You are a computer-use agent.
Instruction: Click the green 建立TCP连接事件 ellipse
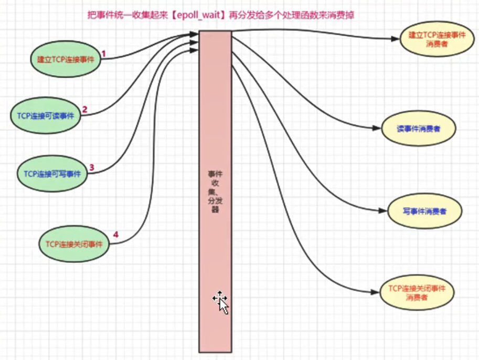coord(66,60)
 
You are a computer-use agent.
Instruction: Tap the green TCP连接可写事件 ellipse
coord(52,174)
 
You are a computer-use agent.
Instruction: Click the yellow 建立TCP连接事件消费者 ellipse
coord(433,40)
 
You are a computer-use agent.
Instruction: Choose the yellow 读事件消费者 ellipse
coord(418,129)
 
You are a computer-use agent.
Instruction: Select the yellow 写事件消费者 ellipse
coord(424,211)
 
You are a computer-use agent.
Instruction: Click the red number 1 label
coord(104,54)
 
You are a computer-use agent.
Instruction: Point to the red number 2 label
coord(84,110)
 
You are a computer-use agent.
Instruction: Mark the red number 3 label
coord(91,167)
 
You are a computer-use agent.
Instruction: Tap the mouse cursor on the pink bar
coord(221,301)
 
